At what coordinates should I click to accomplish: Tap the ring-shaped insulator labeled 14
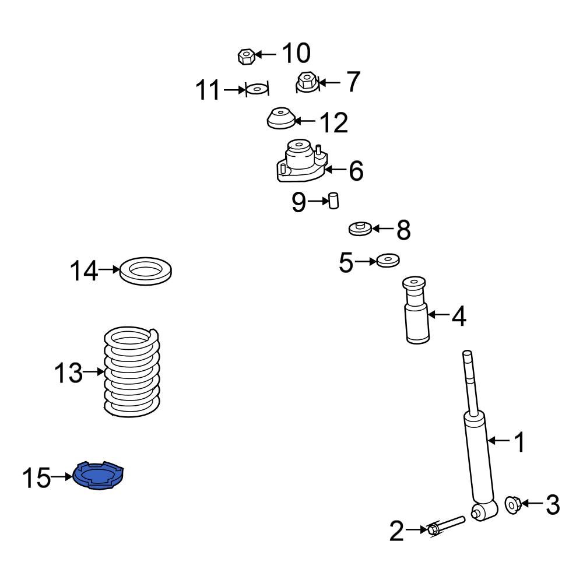[145, 271]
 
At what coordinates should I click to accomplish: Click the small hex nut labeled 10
[245, 56]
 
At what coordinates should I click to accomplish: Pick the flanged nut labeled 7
[307, 82]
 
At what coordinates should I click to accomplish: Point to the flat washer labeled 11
[257, 90]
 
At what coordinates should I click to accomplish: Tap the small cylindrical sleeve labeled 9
[334, 201]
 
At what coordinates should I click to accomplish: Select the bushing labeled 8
[360, 229]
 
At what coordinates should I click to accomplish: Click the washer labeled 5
[387, 261]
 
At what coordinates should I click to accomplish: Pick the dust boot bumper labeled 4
[416, 310]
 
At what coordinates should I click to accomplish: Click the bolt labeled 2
[447, 525]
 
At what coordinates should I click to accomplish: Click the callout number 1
[518, 442]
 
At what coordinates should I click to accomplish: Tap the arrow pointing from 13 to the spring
[93, 372]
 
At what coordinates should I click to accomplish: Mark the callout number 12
[333, 122]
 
